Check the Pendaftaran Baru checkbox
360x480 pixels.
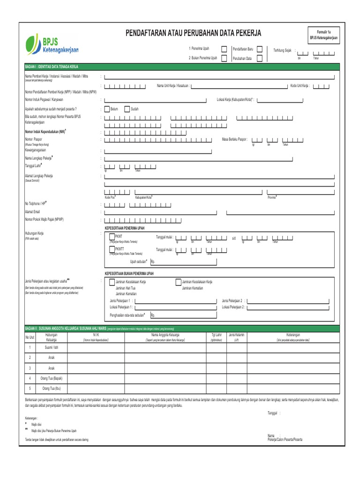[259, 49]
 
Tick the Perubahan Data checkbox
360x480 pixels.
[259, 58]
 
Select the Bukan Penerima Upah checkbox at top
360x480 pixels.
[224, 58]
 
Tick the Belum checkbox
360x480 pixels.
[107, 109]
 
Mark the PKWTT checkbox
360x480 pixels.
[112, 248]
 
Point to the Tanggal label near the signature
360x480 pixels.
[273, 413]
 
